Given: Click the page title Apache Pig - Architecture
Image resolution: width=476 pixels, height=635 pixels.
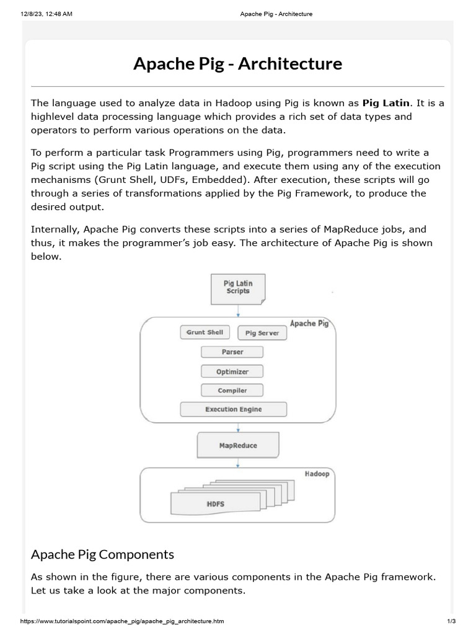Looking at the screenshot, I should point(237,63).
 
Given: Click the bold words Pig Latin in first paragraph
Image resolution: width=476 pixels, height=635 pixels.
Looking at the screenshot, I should point(386,104).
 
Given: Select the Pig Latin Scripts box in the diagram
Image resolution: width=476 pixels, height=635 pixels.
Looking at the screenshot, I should point(238,288).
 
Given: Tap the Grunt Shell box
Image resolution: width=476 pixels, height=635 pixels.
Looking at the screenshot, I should point(205,332).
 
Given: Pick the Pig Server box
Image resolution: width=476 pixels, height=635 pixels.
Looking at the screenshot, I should point(262,333).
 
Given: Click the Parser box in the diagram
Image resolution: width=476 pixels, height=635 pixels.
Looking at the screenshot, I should point(232,352).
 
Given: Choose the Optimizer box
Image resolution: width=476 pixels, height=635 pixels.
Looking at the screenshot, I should point(232,371).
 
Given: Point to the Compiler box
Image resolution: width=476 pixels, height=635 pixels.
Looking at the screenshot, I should point(232,391).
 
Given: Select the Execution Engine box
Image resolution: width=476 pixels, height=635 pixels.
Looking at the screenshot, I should point(233,409).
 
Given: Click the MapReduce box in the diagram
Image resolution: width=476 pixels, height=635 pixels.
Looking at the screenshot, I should point(238,445).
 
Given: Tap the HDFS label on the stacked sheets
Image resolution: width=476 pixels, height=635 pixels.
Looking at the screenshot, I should point(215,504).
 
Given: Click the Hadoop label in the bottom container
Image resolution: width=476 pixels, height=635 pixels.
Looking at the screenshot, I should point(317,474).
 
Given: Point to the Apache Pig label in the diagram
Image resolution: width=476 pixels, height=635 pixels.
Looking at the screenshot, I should point(309,324).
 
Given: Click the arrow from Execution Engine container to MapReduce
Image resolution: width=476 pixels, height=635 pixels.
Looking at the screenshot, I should point(238,427).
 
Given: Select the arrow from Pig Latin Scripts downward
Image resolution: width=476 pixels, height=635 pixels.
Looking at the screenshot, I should point(238,311).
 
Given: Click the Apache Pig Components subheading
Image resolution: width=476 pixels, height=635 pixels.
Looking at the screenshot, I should point(102,554).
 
